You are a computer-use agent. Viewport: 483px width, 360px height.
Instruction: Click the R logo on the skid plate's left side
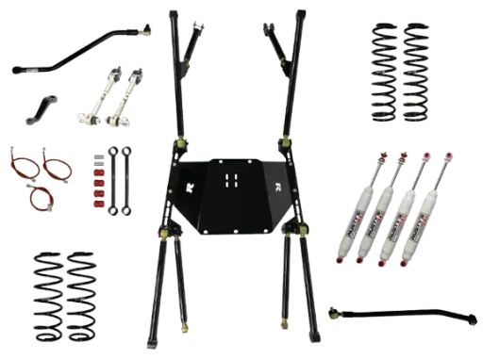click(190, 186)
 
